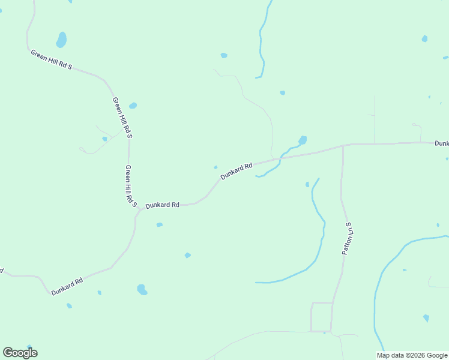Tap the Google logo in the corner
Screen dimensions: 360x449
(20, 353)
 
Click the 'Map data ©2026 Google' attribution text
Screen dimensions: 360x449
(412, 355)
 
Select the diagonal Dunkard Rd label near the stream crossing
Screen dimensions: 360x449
(237, 171)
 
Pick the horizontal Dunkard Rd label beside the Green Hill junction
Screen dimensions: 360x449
(163, 205)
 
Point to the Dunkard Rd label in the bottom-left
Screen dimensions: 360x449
(67, 286)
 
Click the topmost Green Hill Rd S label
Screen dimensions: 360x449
(52, 60)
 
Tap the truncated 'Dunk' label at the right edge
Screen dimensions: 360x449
(442, 143)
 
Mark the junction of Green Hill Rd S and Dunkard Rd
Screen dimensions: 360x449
(138, 209)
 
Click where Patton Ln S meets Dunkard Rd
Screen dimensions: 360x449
(343, 145)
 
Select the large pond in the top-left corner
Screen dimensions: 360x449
(61, 40)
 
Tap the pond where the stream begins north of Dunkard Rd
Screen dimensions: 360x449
(302, 140)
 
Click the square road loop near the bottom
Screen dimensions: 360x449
(321, 317)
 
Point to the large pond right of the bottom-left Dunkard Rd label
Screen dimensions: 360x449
(142, 290)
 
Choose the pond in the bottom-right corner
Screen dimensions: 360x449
(426, 318)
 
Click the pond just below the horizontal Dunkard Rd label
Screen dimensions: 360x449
(159, 225)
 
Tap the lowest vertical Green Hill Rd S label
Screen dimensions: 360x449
(130, 187)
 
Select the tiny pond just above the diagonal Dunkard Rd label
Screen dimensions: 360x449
(215, 167)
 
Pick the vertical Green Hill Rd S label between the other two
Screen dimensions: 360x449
(122, 118)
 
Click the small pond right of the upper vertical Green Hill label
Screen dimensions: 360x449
(133, 106)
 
